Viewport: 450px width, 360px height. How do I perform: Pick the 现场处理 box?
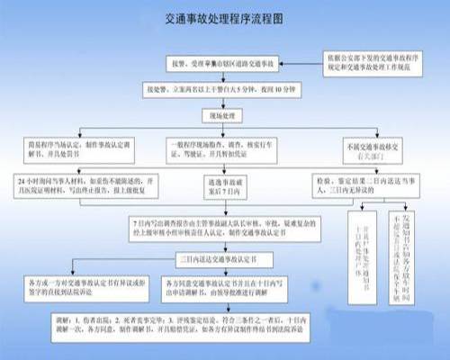[x=222, y=116]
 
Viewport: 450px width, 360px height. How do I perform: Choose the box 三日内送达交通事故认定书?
[x=222, y=258]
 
